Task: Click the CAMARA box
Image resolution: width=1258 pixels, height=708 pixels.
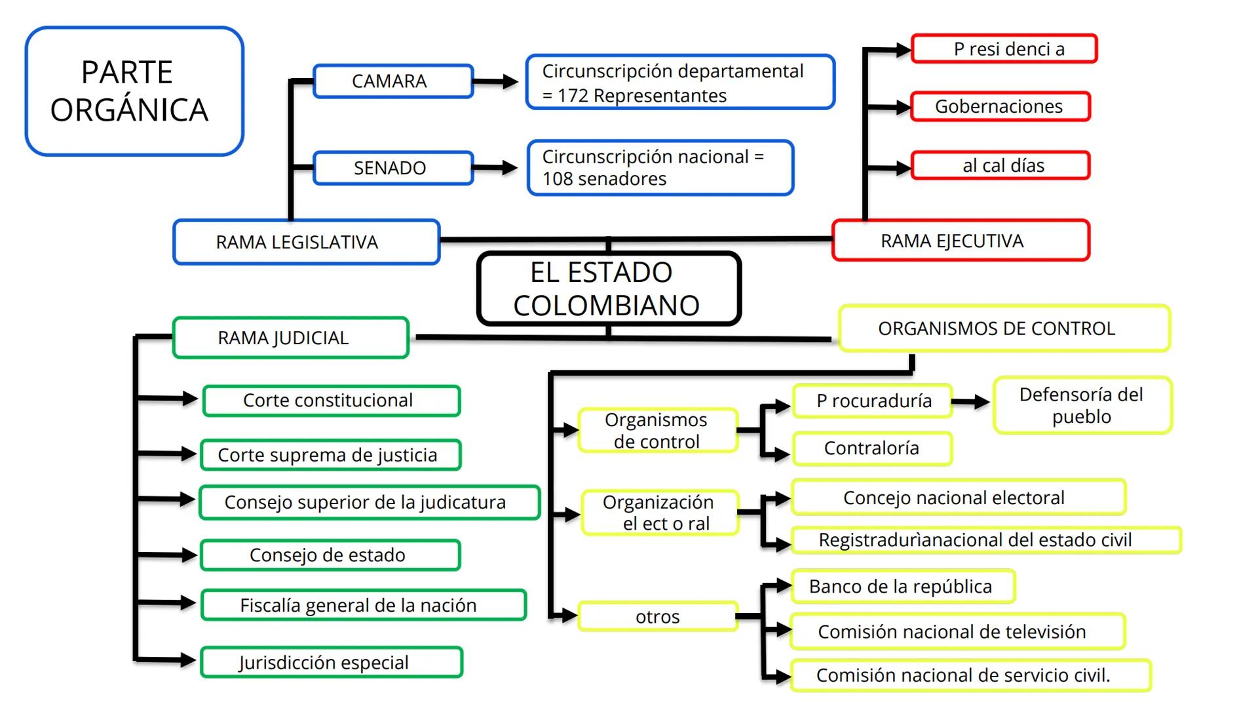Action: pyautogui.click(x=392, y=81)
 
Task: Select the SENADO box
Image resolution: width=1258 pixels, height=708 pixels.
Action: pyautogui.click(x=392, y=168)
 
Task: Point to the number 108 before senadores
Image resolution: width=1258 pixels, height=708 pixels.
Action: pyautogui.click(x=557, y=179)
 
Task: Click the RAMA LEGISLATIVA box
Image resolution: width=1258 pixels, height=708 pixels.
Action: pyautogui.click(x=306, y=242)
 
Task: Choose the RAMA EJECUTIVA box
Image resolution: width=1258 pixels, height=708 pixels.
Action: pyautogui.click(x=960, y=241)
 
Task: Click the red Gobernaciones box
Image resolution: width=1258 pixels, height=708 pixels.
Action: pyautogui.click(x=999, y=106)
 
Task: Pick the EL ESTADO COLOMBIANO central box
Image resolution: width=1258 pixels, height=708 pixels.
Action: pyautogui.click(x=609, y=288)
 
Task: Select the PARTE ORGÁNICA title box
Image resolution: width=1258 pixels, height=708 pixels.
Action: pyautogui.click(x=134, y=91)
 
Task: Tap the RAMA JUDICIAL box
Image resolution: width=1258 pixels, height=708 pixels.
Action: pyautogui.click(x=290, y=338)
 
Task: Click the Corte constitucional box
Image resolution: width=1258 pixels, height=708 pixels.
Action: pyautogui.click(x=331, y=401)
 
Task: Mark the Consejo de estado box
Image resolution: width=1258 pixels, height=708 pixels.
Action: pyautogui.click(x=330, y=555)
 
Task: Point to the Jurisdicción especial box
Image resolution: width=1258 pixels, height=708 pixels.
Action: pyautogui.click(x=331, y=662)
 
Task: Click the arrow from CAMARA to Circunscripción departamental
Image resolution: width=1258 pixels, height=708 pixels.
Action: pyautogui.click(x=496, y=82)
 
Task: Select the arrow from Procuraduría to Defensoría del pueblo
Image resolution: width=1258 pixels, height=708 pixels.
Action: pyautogui.click(x=972, y=402)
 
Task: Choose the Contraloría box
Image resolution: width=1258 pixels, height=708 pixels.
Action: pyautogui.click(x=871, y=448)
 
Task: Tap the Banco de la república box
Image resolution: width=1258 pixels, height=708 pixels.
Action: pyautogui.click(x=902, y=586)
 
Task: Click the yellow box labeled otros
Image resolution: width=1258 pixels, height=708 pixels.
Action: pyautogui.click(x=658, y=616)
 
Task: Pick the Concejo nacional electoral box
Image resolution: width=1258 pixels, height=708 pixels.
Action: pyautogui.click(x=957, y=498)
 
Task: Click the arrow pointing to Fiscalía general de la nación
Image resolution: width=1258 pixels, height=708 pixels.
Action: pyautogui.click(x=168, y=602)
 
